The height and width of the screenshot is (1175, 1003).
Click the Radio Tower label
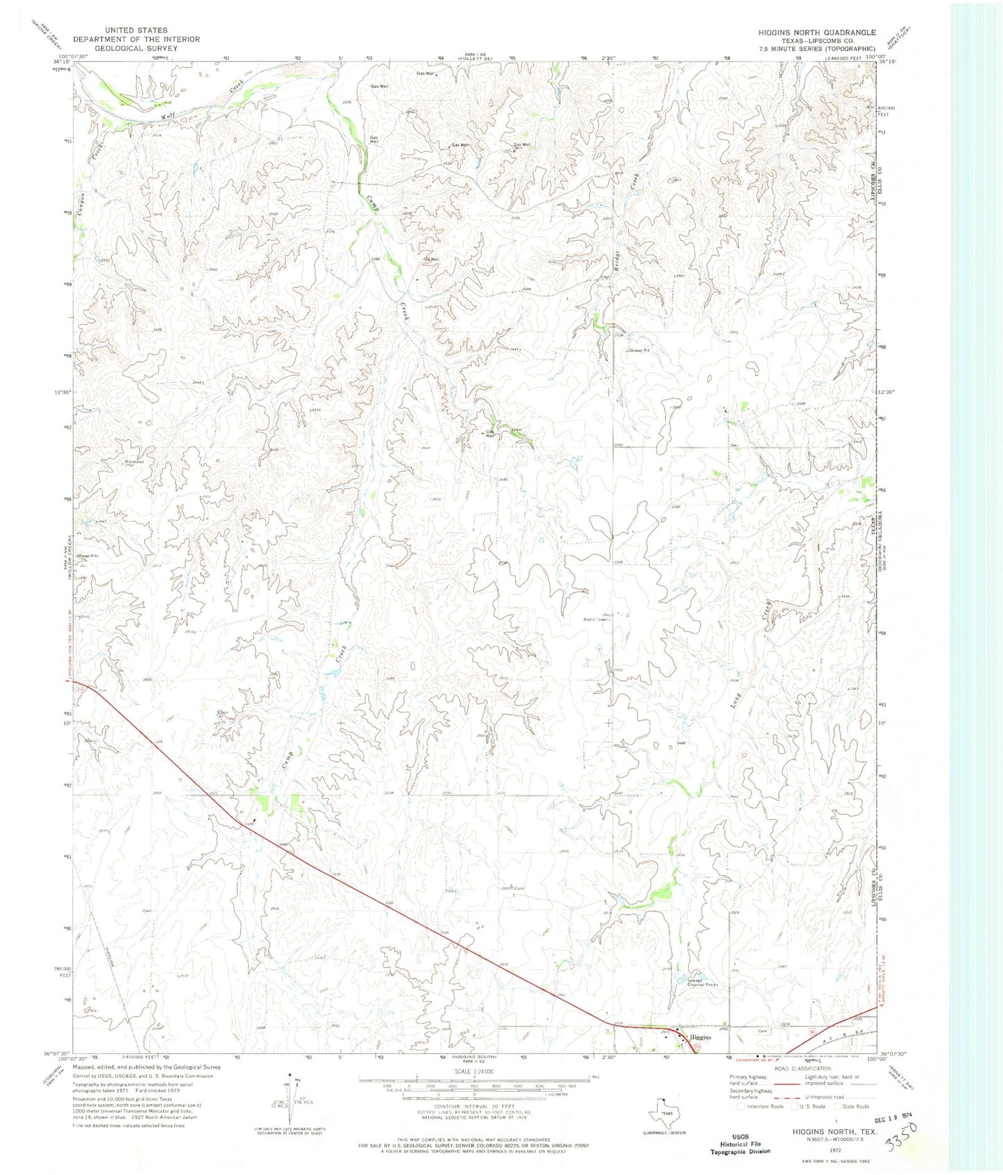[596, 619]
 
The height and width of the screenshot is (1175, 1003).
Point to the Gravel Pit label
[640, 351]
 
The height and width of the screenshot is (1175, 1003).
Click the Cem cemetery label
[764, 1031]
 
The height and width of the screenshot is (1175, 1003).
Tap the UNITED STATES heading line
[136, 31]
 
